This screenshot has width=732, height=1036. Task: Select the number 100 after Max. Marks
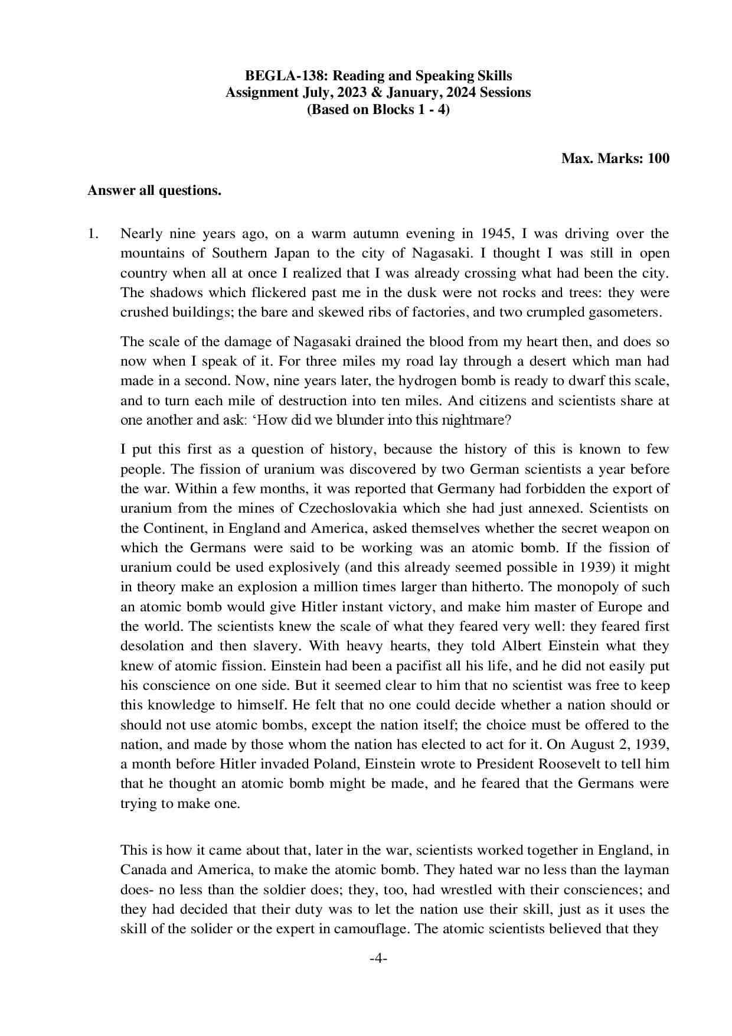pos(658,158)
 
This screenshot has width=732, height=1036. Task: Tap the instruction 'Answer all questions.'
pos(154,191)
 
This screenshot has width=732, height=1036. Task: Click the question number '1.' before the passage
pos(93,234)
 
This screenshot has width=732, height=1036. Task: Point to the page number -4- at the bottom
pos(378,959)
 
